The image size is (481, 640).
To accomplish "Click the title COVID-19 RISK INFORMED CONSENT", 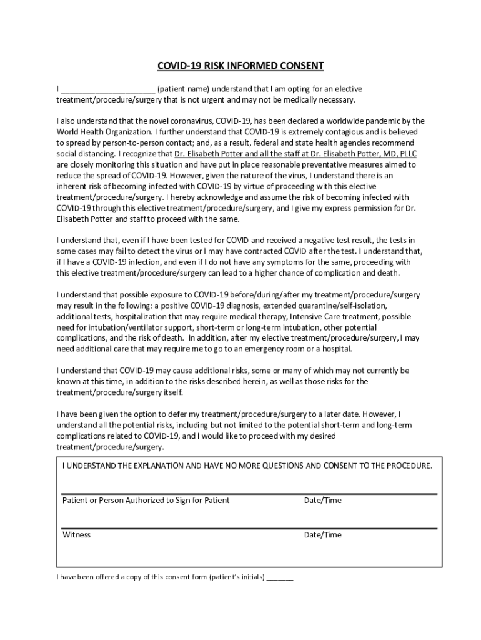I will coord(241,66).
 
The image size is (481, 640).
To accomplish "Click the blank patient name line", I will coord(108,89).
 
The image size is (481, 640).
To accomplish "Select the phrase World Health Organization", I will coord(103,132).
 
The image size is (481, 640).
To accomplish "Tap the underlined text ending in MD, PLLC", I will coord(295,153).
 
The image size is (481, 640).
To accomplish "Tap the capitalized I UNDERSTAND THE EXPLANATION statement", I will coord(247,466).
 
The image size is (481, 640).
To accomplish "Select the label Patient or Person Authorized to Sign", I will coord(146,501).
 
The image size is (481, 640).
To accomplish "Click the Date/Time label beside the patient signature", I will coord(322,501).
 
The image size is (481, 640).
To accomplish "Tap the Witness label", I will coord(76,535).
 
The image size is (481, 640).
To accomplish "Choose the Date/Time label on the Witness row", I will coord(322,535).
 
